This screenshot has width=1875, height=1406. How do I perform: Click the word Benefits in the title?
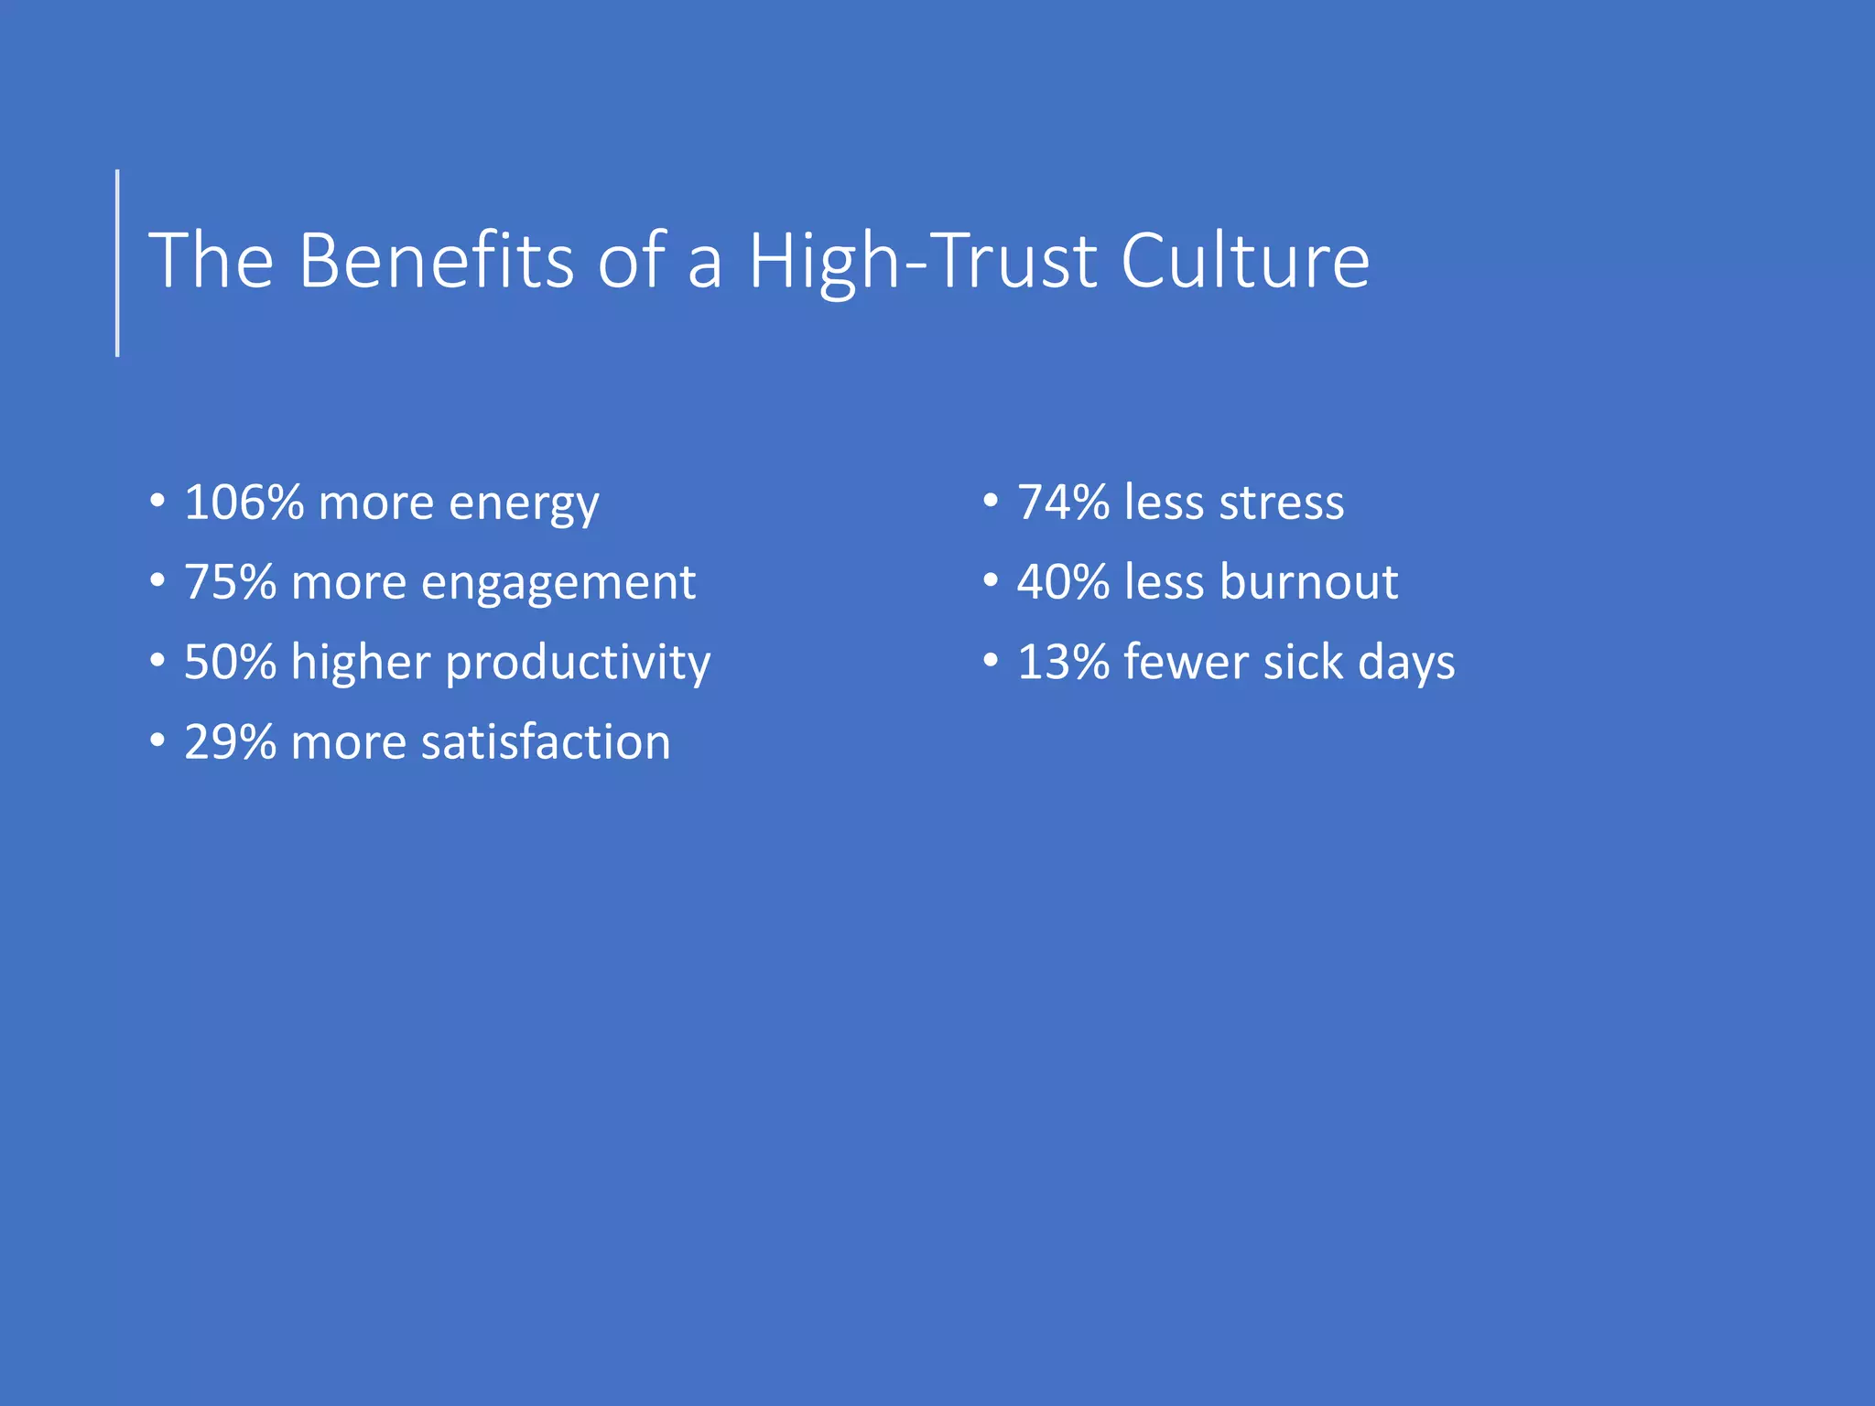pyautogui.click(x=436, y=261)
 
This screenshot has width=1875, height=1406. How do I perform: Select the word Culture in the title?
pyautogui.click(x=1245, y=261)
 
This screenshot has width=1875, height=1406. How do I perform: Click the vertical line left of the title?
pyautogui.click(x=117, y=263)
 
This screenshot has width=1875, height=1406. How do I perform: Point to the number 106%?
pyautogui.click(x=244, y=503)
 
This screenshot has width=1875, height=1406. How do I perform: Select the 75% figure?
pyautogui.click(x=230, y=582)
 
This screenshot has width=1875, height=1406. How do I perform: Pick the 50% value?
pyautogui.click(x=230, y=662)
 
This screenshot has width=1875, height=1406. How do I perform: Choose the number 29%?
pyautogui.click(x=230, y=742)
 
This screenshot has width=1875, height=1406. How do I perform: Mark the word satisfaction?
pyautogui.click(x=546, y=742)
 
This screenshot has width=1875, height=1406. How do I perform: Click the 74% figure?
pyautogui.click(x=1063, y=503)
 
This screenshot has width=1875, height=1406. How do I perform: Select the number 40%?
pyautogui.click(x=1063, y=582)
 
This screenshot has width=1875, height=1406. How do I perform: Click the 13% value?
pyautogui.click(x=1063, y=662)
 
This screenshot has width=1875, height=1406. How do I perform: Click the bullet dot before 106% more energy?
pyautogui.click(x=157, y=502)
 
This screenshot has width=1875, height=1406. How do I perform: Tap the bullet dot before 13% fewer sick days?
pyautogui.click(x=991, y=661)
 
